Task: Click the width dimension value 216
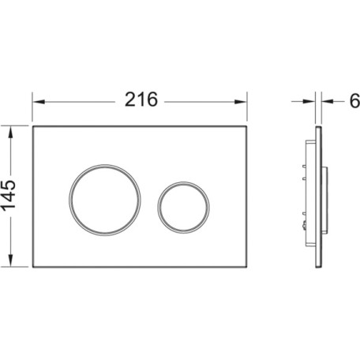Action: pyautogui.click(x=141, y=99)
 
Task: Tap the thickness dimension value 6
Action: pyautogui.click(x=355, y=101)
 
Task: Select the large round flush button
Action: pyautogui.click(x=105, y=200)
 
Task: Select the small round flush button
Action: pyautogui.click(x=183, y=208)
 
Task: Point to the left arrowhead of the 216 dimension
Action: pyautogui.click(x=39, y=102)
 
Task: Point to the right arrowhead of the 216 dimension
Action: pyautogui.click(x=240, y=102)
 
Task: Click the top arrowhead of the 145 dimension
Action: pyautogui.click(x=10, y=133)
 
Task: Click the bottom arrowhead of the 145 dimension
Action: pyautogui.click(x=10, y=261)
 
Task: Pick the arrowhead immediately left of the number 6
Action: pyautogui.click(x=328, y=101)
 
